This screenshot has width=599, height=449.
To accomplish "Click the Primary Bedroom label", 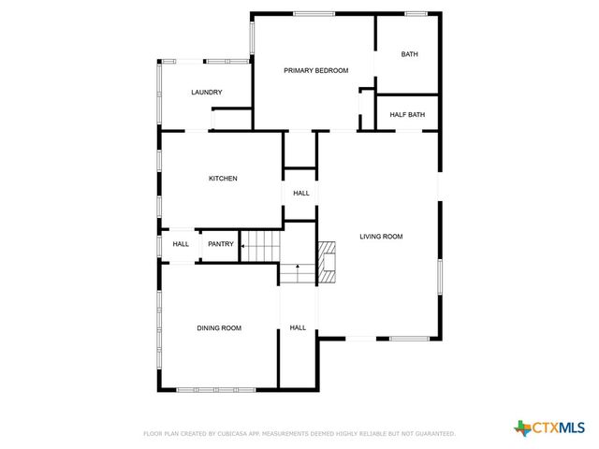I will (x=316, y=70).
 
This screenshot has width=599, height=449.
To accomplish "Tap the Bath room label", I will (x=409, y=54).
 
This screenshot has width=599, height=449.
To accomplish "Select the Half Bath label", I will (x=407, y=115).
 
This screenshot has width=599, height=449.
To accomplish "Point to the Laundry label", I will (x=206, y=92).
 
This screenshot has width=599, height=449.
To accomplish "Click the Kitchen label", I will (x=223, y=179).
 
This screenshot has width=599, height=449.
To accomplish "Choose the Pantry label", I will (x=221, y=244).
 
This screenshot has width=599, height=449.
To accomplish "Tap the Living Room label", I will (x=381, y=237).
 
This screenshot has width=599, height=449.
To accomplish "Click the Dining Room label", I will (x=219, y=327).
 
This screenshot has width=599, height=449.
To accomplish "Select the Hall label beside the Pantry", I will (x=181, y=244).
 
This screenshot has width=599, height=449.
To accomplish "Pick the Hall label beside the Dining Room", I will (x=298, y=327).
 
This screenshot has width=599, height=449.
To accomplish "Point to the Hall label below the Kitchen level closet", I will (x=300, y=194).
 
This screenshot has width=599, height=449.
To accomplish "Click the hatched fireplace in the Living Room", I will (x=327, y=263).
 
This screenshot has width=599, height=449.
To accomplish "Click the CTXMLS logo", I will (x=548, y=428).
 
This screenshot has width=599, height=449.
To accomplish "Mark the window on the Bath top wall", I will (x=416, y=13).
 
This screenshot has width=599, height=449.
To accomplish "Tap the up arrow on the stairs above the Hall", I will (x=298, y=270).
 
